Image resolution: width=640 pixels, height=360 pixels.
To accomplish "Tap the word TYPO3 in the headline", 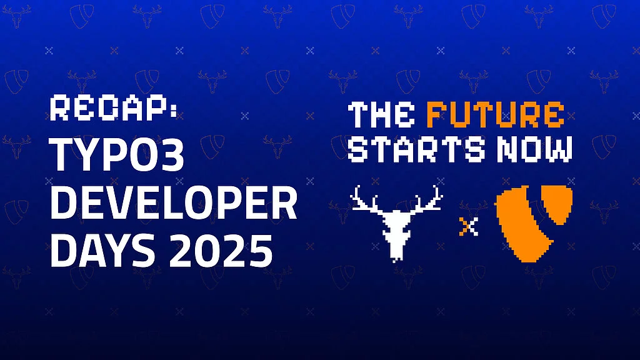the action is (117, 155).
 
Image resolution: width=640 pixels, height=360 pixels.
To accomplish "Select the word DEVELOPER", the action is (174, 203).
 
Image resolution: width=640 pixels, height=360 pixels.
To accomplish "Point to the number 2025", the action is (221, 250).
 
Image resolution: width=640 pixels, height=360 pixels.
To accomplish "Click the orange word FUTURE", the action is (496, 115).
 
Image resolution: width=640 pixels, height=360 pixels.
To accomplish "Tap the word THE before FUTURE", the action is (382, 115).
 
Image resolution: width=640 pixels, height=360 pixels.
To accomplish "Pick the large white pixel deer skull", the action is (396, 223).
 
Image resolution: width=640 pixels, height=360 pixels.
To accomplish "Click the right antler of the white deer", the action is (427, 199).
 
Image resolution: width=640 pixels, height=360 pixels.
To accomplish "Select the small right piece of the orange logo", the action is (557, 204).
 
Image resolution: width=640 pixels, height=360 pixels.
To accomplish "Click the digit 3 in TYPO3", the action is (173, 155).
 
